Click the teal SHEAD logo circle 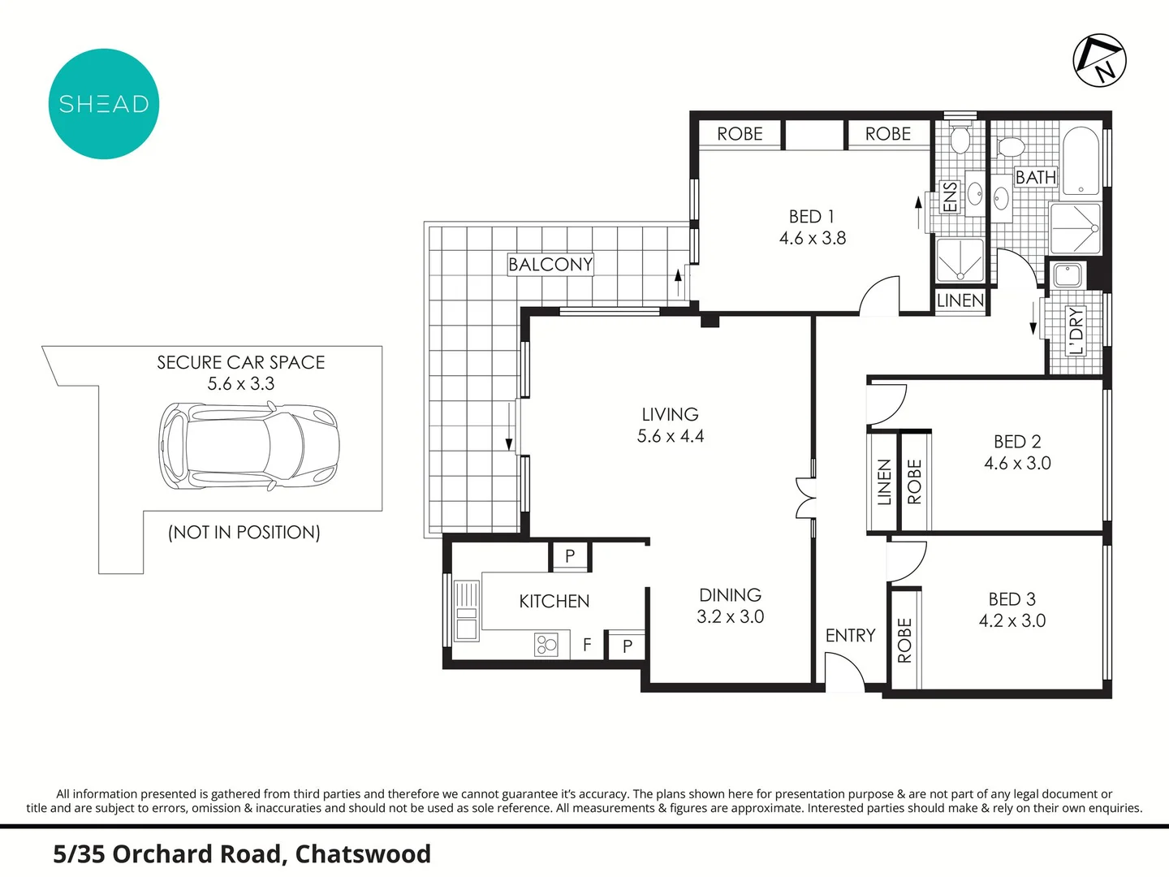(x=104, y=104)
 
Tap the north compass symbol (x=1099, y=60)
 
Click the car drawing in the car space (x=249, y=447)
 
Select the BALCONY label (x=550, y=264)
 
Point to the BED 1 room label (x=812, y=217)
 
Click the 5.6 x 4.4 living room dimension (x=671, y=436)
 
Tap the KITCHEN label (x=554, y=601)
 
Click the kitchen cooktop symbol (x=546, y=645)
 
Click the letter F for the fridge (x=587, y=645)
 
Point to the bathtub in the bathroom (x=1081, y=161)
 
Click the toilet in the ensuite (x=960, y=138)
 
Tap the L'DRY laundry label (x=1076, y=330)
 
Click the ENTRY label (x=851, y=635)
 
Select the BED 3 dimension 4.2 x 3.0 (x=1012, y=621)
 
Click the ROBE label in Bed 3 (x=905, y=640)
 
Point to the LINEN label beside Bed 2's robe (x=884, y=482)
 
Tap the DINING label (x=730, y=594)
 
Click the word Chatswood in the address (x=363, y=854)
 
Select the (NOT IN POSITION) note (x=244, y=533)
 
